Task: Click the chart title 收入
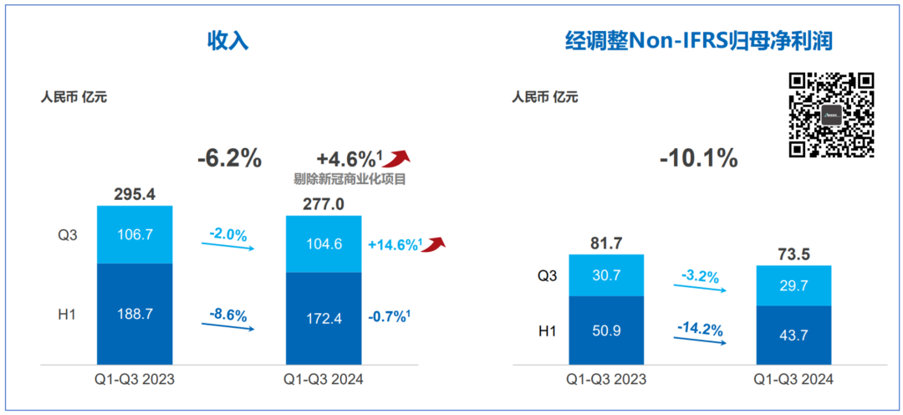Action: click(x=228, y=42)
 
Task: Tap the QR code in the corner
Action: click(x=832, y=115)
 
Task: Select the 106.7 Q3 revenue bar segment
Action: click(x=135, y=234)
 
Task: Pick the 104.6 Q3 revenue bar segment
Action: click(x=324, y=243)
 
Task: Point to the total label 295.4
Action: click(x=135, y=194)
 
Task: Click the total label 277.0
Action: click(x=324, y=203)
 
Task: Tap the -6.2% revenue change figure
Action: click(x=229, y=158)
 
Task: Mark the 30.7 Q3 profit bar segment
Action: click(x=606, y=275)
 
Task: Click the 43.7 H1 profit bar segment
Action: click(x=793, y=335)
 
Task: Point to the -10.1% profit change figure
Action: click(x=699, y=158)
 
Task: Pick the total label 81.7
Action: click(x=606, y=243)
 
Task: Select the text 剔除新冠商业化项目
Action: click(x=349, y=178)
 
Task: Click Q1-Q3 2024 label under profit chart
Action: click(x=793, y=379)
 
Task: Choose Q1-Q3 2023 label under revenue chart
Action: click(x=135, y=379)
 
